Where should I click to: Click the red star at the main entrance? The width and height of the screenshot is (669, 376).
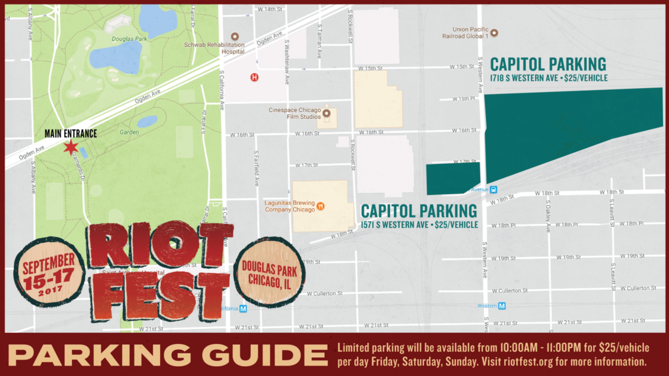pos(70,147)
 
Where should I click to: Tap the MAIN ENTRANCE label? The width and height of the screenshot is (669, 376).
pos(71,134)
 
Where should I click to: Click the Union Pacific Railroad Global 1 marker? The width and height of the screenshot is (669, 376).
pos(494,32)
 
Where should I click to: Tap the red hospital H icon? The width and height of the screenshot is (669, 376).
pos(255,77)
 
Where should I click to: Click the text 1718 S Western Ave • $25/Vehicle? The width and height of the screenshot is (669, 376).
pos(549,78)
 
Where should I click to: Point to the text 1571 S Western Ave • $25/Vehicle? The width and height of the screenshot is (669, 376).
pos(419,225)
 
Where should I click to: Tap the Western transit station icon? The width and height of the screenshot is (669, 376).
pos(502,305)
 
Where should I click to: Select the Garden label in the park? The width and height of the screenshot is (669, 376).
pos(129,133)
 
